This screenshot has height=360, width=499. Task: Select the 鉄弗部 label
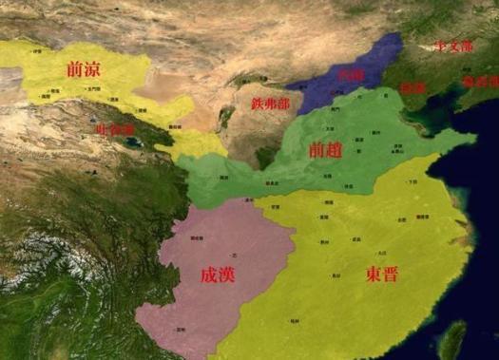coord(271,103)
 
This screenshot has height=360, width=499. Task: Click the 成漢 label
coord(214,275)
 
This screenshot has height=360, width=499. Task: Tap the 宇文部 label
coord(454,46)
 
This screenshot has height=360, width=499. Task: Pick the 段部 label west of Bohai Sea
coord(413,86)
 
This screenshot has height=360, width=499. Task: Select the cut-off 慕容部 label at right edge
coord(480,83)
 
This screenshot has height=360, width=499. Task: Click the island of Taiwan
coord(456,337)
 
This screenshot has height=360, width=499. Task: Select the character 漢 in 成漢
coord(224,275)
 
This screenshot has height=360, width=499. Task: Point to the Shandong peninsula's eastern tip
coord(474,140)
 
